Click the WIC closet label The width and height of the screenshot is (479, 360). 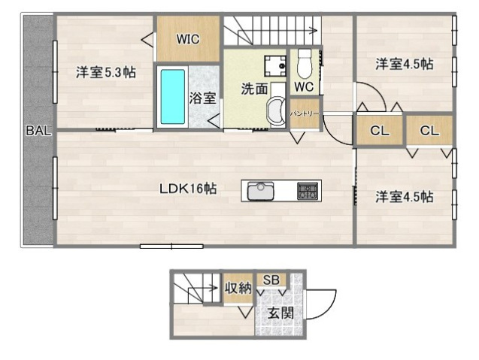[188, 40]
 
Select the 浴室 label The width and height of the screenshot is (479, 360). [203, 97]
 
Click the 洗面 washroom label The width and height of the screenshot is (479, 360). [254, 88]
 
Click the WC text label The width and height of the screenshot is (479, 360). [304, 86]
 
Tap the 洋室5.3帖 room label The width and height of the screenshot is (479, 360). [105, 73]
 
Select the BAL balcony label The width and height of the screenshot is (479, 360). [38, 130]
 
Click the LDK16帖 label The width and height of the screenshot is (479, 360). [187, 189]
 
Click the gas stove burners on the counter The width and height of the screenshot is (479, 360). [308, 190]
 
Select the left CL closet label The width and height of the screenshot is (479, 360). [379, 131]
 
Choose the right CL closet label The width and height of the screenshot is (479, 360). [429, 131]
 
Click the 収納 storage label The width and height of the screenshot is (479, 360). [238, 287]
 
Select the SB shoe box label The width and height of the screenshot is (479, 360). [271, 280]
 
